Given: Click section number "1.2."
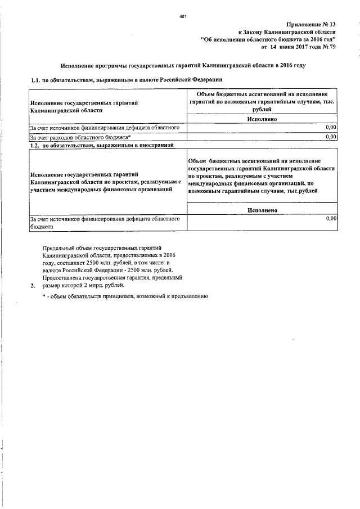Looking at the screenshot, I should [35, 145].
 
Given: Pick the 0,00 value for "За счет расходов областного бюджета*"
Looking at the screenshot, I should [331, 137].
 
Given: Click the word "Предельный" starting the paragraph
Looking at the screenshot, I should [59, 247].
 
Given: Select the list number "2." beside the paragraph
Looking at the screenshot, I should [33, 285].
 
